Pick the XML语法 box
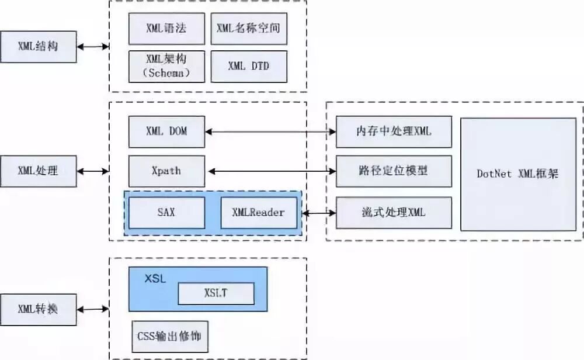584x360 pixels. click(166, 28)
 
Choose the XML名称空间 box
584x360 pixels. click(249, 28)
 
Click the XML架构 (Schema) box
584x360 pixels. click(166, 66)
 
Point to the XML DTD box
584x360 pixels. click(249, 66)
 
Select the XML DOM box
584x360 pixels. click(166, 131)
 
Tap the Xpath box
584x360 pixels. click(166, 171)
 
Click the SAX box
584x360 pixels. click(166, 212)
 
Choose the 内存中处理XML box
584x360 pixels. click(394, 131)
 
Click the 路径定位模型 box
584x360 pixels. click(394, 171)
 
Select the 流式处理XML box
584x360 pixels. click(394, 212)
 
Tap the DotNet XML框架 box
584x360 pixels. click(518, 174)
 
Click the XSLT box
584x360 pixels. click(216, 293)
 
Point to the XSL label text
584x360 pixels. click(155, 279)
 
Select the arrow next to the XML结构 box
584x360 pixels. click(93, 47)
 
